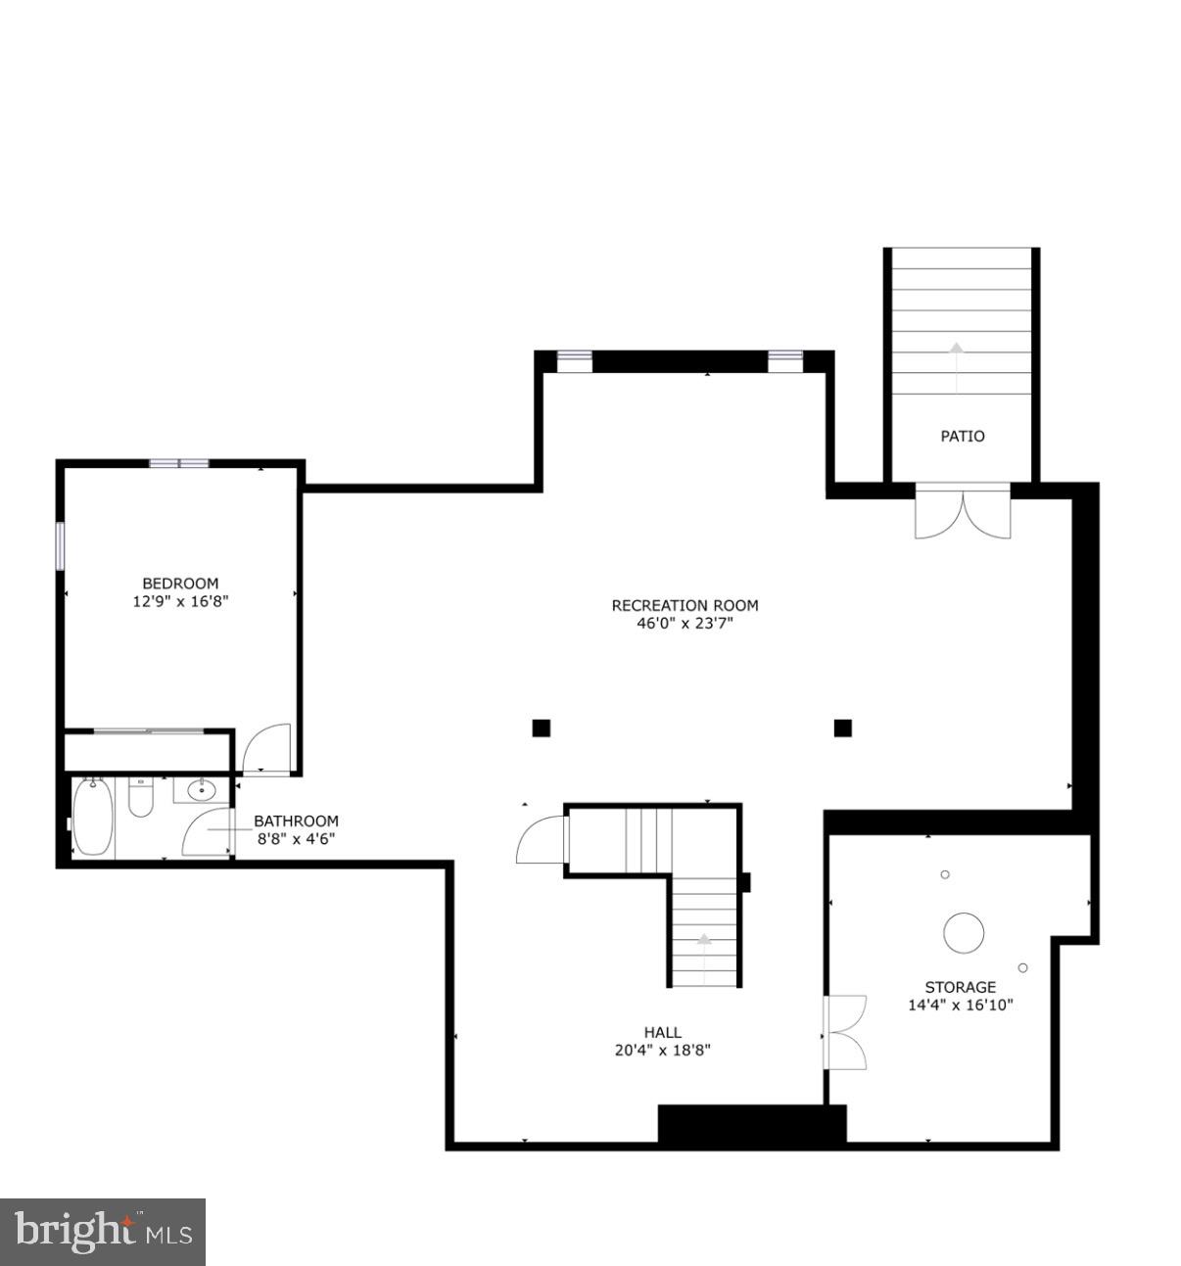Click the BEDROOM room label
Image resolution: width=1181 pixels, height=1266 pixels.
pos(180,583)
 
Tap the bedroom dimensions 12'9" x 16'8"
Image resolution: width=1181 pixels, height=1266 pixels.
pos(180,601)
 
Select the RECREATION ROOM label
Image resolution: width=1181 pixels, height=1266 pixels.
pos(685,605)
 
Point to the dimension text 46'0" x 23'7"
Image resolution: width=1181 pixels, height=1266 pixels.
pos(685,623)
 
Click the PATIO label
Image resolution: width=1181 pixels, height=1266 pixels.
pos(963,436)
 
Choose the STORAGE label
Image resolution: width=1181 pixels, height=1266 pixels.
pos(960,987)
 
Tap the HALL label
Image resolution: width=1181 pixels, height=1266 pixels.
pos(663,1032)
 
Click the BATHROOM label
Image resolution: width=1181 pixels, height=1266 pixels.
pos(296,821)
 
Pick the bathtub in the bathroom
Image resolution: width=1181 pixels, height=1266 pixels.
pos(92,817)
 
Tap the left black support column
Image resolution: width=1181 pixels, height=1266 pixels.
pos(542,727)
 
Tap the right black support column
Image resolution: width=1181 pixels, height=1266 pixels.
pos(842,727)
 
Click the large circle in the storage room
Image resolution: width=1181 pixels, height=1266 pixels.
pos(964,932)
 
